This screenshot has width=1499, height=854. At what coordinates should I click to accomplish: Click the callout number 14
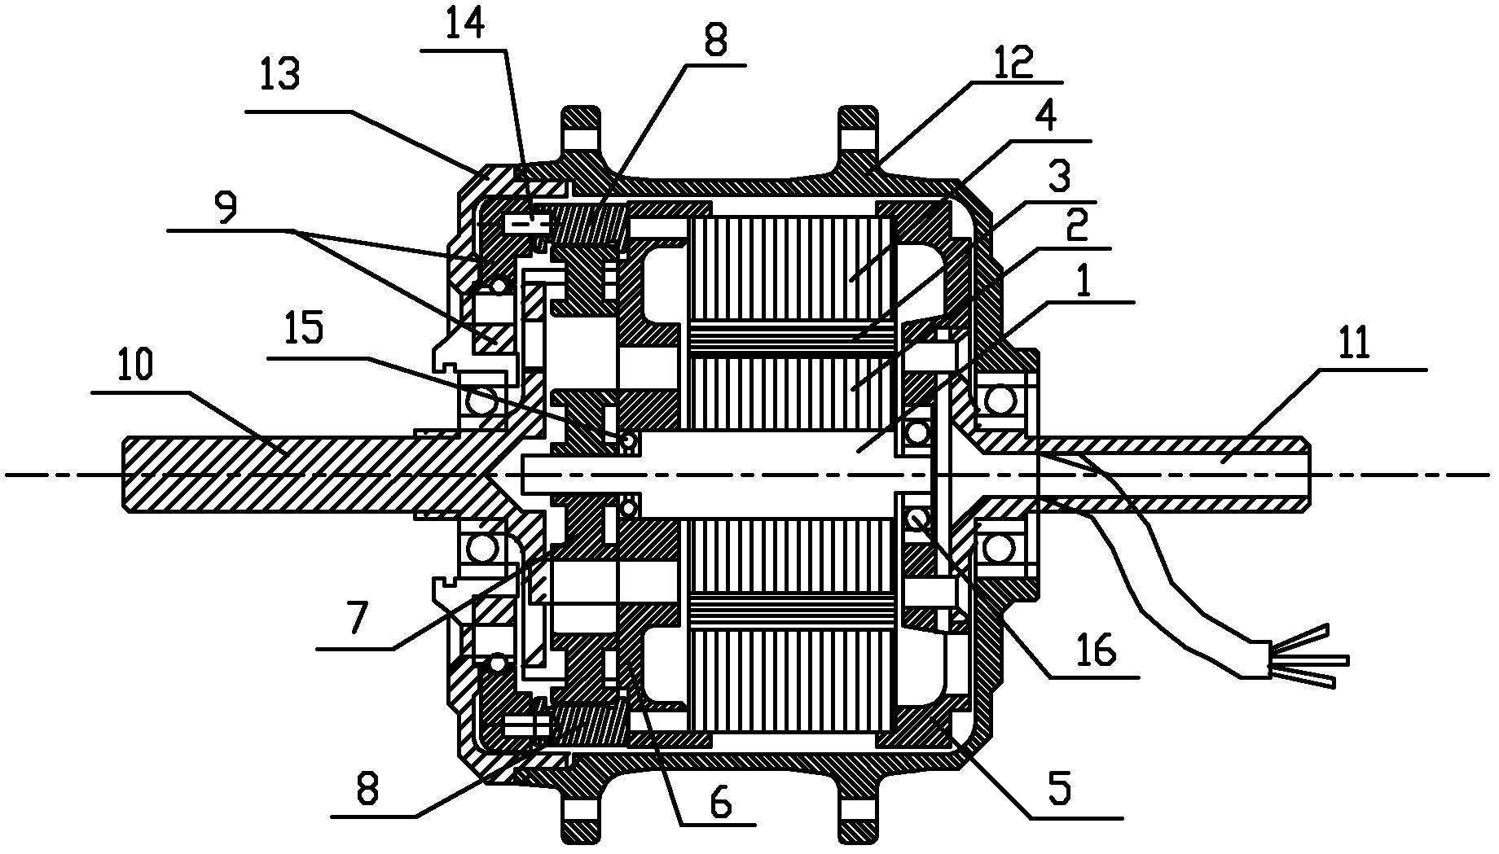point(465,24)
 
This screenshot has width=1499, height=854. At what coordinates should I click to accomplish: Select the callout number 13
point(279,75)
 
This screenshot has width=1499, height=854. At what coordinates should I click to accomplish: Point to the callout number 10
point(135,367)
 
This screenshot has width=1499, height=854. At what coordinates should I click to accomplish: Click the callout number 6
point(720,803)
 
